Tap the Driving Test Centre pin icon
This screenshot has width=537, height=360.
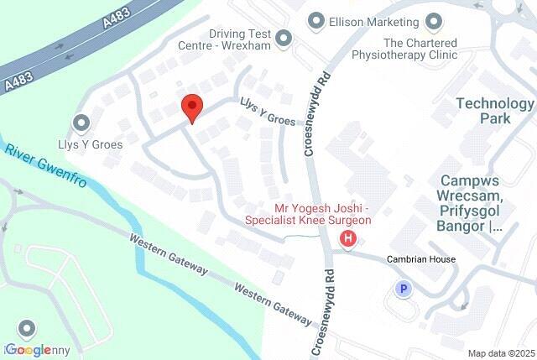pyautogui.click(x=284, y=38)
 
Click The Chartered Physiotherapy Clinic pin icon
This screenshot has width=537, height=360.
pyautogui.click(x=433, y=20)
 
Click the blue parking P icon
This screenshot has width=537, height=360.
pyautogui.click(x=403, y=290)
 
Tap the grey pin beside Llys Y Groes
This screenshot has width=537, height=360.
pyautogui.click(x=82, y=124)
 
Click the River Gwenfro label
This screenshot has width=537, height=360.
pyautogui.click(x=45, y=165)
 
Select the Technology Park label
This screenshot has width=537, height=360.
pyautogui.click(x=494, y=111)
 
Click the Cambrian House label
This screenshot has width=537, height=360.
pyautogui.click(x=420, y=259)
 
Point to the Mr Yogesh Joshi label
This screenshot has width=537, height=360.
pyautogui.click(x=307, y=214)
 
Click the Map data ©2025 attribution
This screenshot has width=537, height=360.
pyautogui.click(x=500, y=353)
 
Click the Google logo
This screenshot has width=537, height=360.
pyautogui.click(x=29, y=350)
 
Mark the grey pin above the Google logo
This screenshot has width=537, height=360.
pyautogui.click(x=28, y=328)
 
